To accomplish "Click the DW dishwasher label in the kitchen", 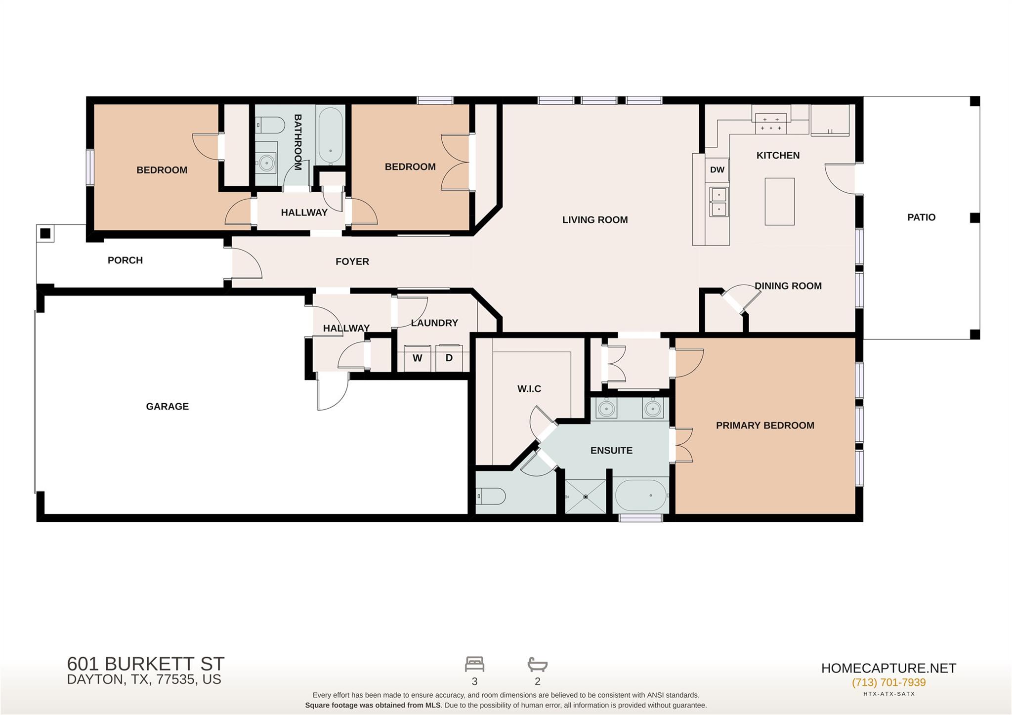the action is pos(717,170).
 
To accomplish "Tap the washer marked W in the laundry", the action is pos(418,358).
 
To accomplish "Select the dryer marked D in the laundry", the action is pos(449,358).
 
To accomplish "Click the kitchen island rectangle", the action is pos(779,202).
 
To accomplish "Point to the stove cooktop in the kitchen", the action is pos(771,124).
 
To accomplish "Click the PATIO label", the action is pos(921,217).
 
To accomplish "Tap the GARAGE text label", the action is pos(167,407).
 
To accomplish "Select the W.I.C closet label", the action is pos(529,389).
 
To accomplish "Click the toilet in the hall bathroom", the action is pos(269,125).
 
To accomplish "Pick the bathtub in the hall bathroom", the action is pos(330,136).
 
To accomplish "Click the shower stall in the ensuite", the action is pos(586,496).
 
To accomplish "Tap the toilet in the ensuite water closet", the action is pos(491,496).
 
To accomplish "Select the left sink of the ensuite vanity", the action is pos(606,409).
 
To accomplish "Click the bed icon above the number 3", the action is pos(474,664).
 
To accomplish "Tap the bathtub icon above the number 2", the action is pos(538,664).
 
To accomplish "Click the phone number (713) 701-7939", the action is pos(888,682).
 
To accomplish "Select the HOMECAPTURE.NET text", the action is pos(888,669).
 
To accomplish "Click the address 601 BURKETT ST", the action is pos(146,663).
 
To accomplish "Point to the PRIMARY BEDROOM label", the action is pos(765,425).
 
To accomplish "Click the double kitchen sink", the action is pos(719,202).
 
